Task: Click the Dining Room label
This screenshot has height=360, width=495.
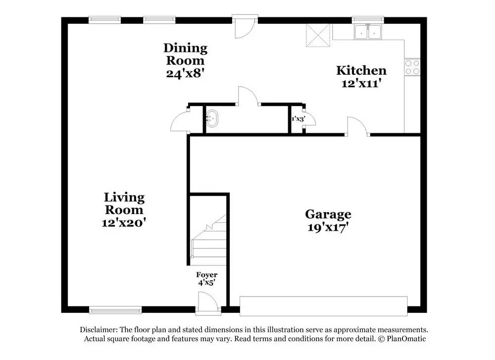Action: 185,54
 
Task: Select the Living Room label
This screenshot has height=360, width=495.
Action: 124,204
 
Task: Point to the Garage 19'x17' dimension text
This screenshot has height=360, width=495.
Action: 328,228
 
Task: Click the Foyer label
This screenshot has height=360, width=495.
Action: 206,275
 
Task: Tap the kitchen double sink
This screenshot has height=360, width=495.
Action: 368,32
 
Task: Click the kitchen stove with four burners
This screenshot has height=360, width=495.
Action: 412,67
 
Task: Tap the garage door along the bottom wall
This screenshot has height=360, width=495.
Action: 323,306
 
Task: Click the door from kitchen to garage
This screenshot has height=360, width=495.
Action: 357,127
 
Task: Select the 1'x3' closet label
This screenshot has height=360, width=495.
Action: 297,119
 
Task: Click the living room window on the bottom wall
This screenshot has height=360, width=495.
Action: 115,310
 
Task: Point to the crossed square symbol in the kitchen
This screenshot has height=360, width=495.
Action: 317,35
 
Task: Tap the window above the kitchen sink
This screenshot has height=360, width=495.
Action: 368,20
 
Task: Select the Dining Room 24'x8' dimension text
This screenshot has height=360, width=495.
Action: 185,73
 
